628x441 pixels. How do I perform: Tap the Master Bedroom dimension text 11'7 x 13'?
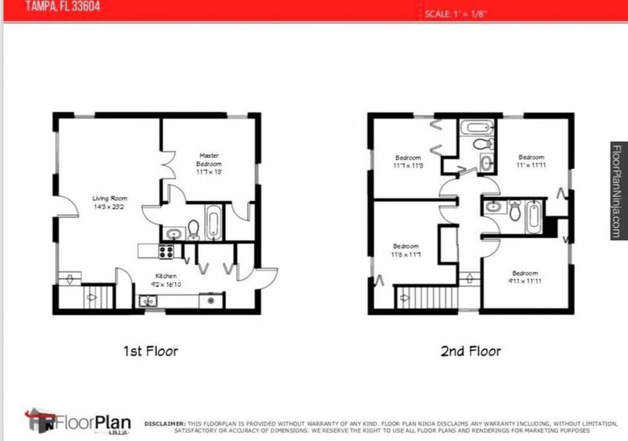(x=209, y=171)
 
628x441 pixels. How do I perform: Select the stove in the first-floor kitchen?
(x=166, y=251)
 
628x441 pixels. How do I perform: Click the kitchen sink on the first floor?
(x=147, y=301)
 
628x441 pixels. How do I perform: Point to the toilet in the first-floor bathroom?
(x=194, y=229)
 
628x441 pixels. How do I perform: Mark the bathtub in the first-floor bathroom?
(x=213, y=222)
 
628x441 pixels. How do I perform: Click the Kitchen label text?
(x=166, y=276)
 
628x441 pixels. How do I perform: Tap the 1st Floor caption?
(x=150, y=351)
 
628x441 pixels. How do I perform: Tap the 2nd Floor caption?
(x=470, y=351)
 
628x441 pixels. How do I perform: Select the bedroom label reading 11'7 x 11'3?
(x=408, y=166)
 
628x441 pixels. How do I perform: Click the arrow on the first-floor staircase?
(x=92, y=298)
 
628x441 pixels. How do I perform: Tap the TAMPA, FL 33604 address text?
(x=63, y=8)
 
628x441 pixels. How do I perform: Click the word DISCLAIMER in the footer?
(x=164, y=423)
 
